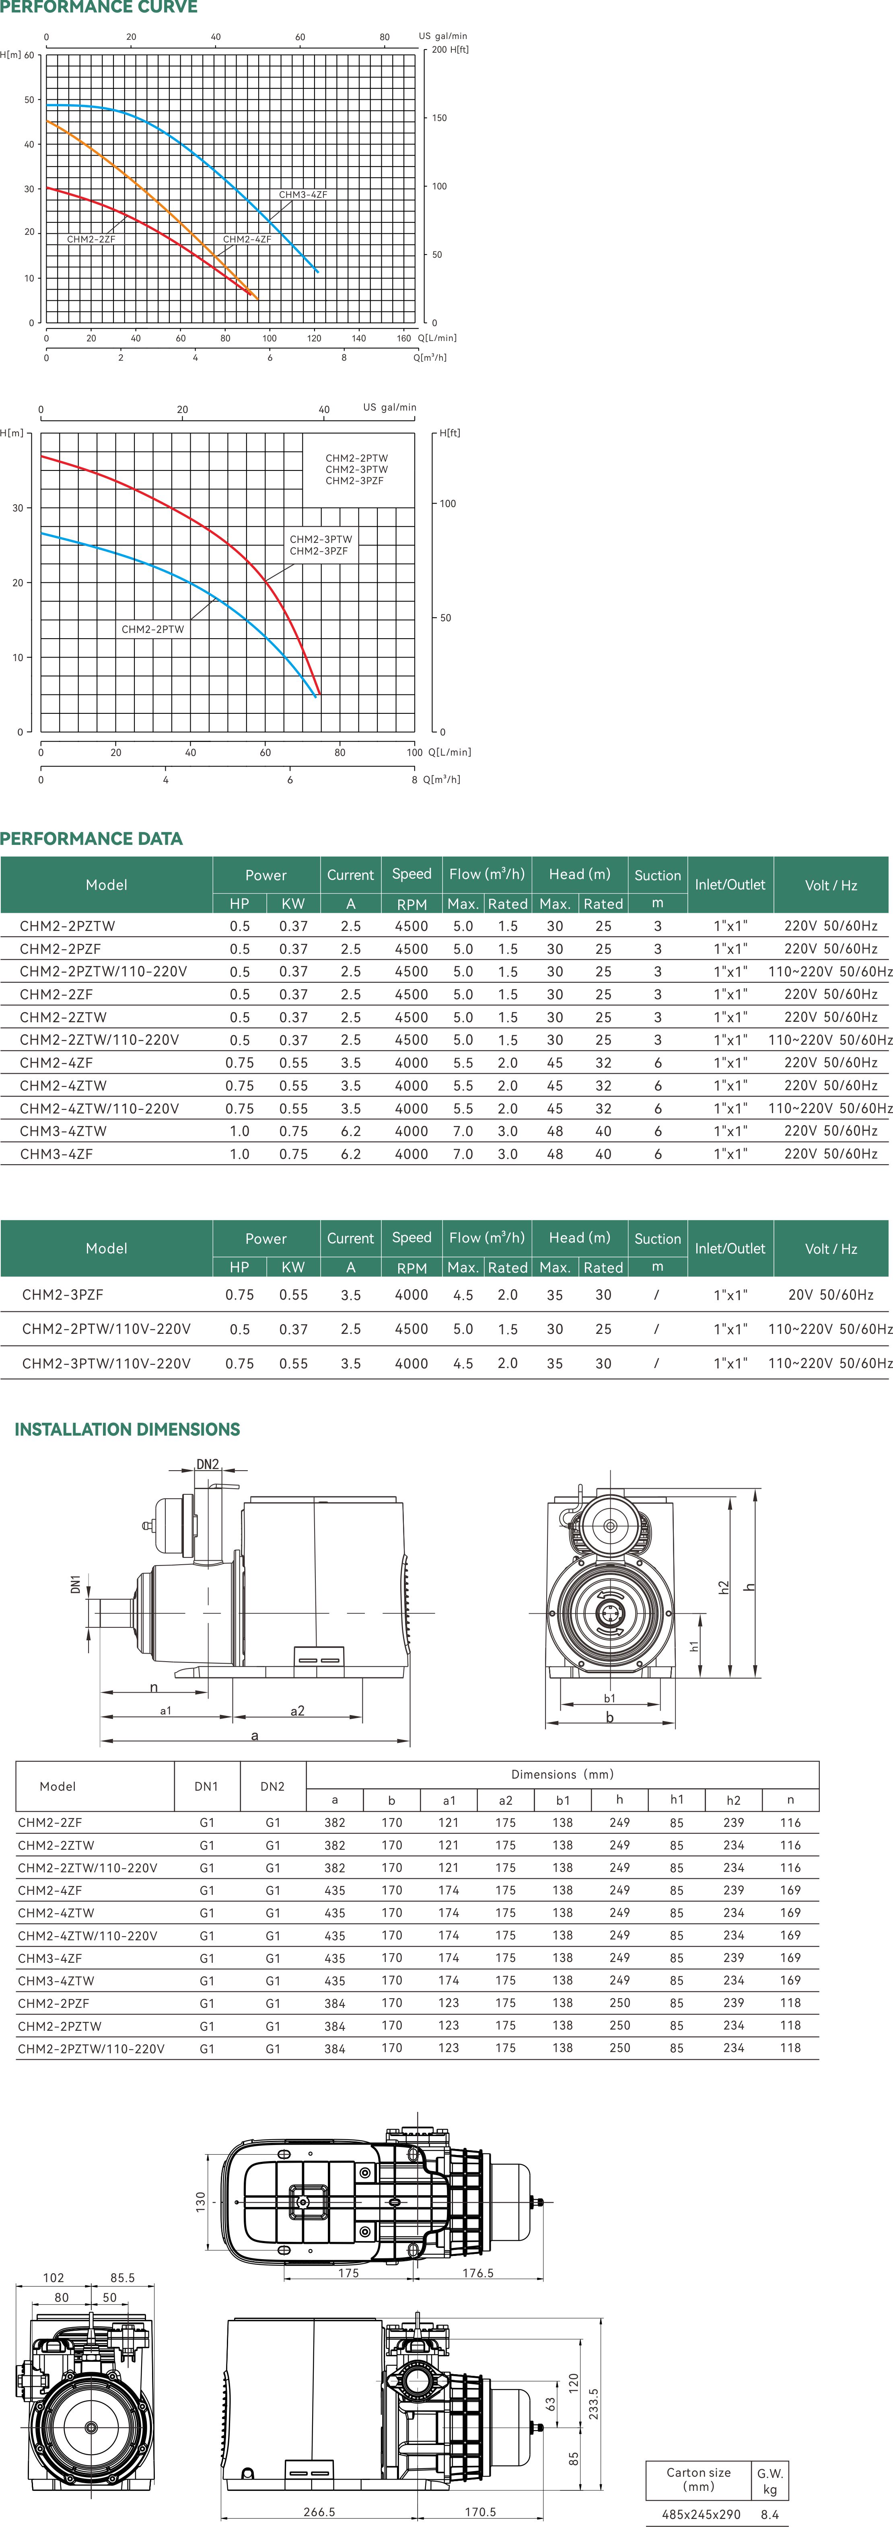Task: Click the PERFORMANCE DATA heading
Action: click(91, 839)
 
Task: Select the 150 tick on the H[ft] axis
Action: click(440, 118)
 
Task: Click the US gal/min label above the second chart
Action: click(390, 407)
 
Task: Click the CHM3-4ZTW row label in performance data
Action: click(63, 1131)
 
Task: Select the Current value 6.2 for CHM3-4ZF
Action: click(350, 1155)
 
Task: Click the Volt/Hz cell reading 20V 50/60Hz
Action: click(830, 1295)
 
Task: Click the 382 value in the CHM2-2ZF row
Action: click(335, 1822)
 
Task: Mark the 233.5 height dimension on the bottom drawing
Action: click(593, 2404)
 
